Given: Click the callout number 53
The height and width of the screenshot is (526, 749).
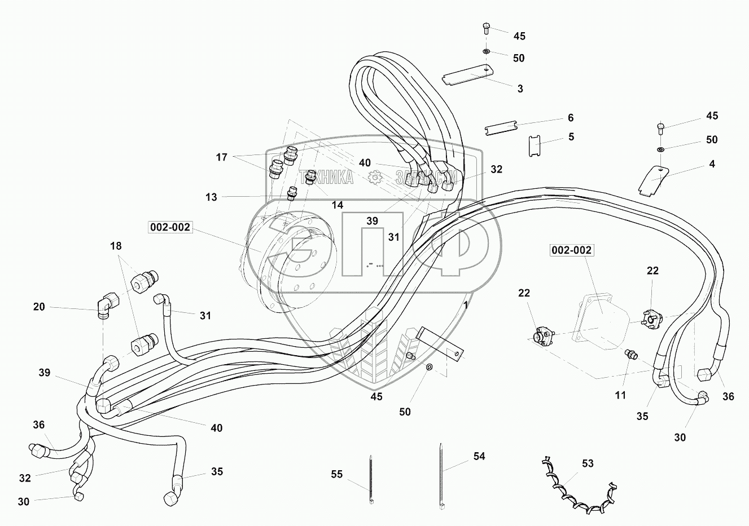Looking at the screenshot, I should coord(588,463).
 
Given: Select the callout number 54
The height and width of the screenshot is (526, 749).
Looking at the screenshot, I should coord(479,456).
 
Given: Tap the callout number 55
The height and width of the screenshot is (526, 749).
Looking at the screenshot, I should coord(336,475).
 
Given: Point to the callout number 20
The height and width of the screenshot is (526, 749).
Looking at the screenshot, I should coord(39,307).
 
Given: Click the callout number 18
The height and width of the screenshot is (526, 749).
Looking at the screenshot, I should coord(116,246).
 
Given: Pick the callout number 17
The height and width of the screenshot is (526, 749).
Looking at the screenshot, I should coord(221,157).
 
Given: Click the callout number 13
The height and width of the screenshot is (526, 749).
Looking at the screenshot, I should coord(211,197).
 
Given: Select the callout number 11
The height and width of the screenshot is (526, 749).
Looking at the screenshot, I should coord(620,395).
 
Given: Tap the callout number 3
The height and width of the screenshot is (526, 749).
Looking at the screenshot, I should coord(520,89).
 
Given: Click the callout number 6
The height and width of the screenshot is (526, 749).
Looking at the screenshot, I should coord(571,118).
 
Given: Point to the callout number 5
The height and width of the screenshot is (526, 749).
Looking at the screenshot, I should coord(571,136).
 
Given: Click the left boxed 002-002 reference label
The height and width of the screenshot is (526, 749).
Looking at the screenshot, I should coord(170,227).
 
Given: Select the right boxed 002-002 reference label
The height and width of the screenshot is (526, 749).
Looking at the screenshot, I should coord(572,250).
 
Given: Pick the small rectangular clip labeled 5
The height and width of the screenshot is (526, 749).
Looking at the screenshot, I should coord(535,147).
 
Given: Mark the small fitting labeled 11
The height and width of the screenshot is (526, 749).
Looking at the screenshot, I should coord(630,355).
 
